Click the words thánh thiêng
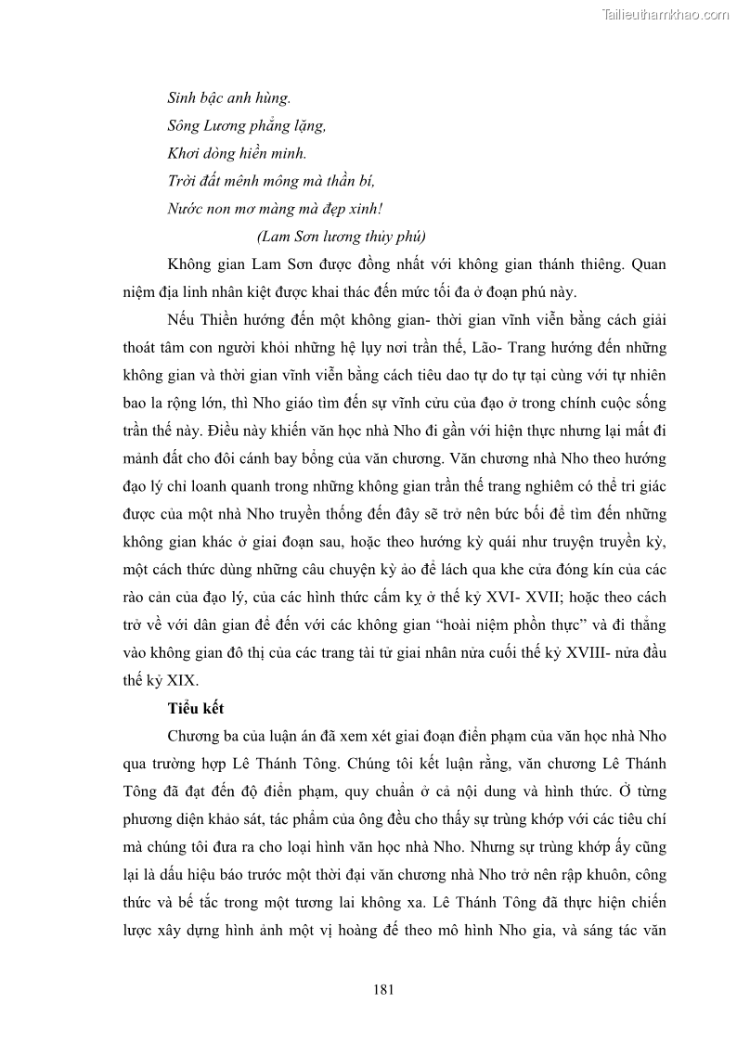click(x=573, y=264)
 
